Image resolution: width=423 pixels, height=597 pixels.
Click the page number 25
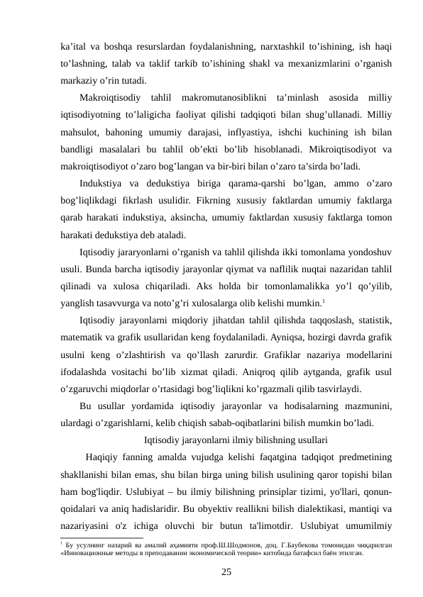226,571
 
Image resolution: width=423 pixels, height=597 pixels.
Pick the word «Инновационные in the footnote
88,552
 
